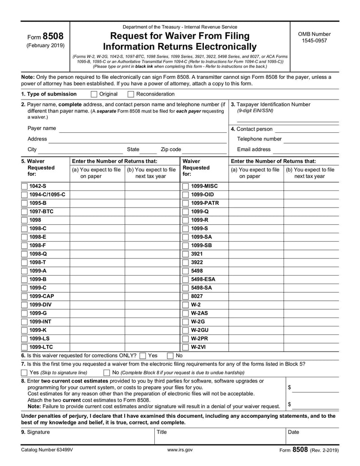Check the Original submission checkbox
pos(94,94)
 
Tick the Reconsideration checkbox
pos(131,94)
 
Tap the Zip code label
pos(171,149)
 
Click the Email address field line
pos(306,150)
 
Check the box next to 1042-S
pos(24,186)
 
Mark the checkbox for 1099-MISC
pos(185,186)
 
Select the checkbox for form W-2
pos(185,305)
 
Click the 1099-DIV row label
pos(41,305)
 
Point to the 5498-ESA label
pos(203,279)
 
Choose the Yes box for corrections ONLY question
pos(143,356)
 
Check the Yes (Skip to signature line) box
pos(24,373)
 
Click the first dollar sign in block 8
pos(289,387)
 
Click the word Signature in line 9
pos(38,432)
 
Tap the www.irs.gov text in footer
pos(180,449)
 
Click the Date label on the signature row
pos(293,432)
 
